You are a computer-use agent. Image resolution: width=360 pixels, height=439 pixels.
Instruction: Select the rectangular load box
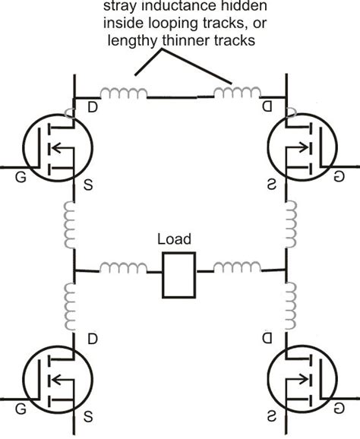[179, 274]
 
